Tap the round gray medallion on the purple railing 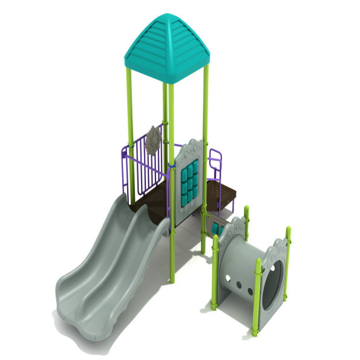[x=153, y=140]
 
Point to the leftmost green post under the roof [x=129, y=133]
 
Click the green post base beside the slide [x=172, y=275]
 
